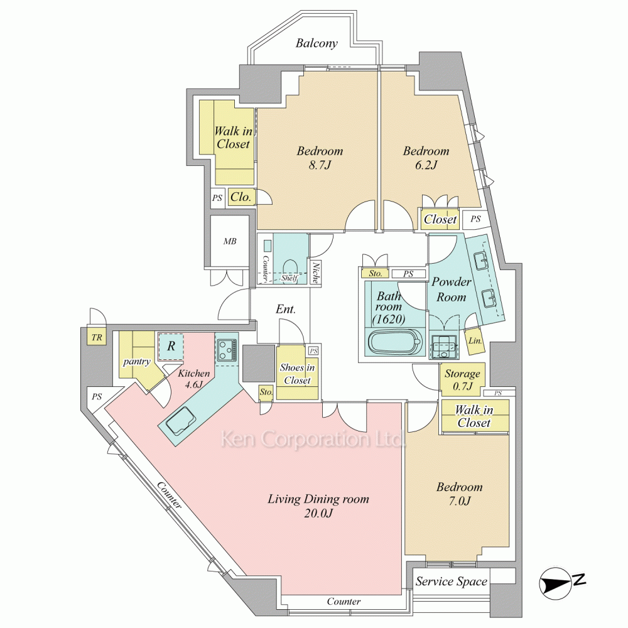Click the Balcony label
(x=317, y=43)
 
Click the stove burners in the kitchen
(x=226, y=349)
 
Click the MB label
(x=230, y=241)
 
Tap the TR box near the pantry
(x=97, y=337)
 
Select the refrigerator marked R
(x=171, y=345)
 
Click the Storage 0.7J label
(x=462, y=380)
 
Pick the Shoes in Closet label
(x=297, y=374)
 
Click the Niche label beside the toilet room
(x=315, y=270)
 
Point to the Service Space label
(x=451, y=582)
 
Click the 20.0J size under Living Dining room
(x=318, y=514)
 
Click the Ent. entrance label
(x=285, y=309)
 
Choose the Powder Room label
(x=451, y=290)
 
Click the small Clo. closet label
(x=241, y=197)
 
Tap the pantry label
(x=136, y=362)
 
